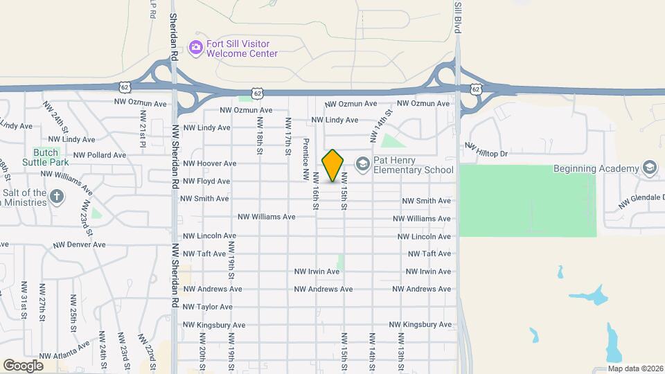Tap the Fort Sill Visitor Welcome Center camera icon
[196, 46]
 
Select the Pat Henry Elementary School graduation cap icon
[361, 163]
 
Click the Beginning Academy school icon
[649, 168]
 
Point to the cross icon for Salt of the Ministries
[57, 197]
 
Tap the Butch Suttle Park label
[49, 157]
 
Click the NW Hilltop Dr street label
[487, 150]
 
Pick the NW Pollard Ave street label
[100, 155]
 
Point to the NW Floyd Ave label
[206, 181]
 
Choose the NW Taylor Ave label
[207, 307]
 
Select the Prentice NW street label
[305, 157]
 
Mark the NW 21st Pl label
[143, 128]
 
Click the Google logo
[22, 365]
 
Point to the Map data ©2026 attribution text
[635, 368]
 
